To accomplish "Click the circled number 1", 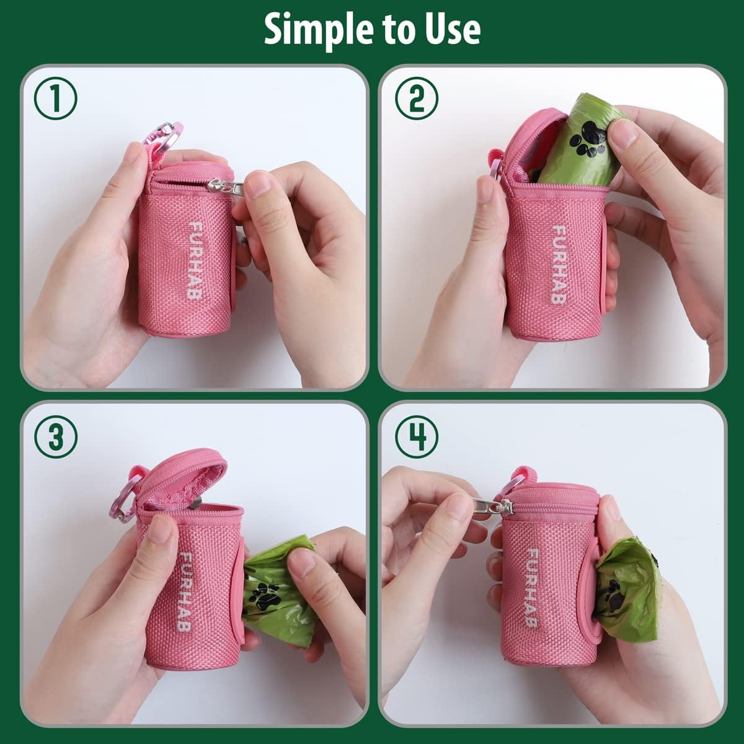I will tap(55, 100).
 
